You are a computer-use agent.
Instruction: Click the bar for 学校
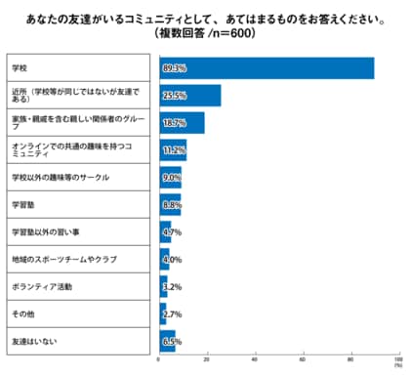pyautogui.click(x=266, y=68)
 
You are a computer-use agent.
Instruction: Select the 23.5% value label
pyautogui.click(x=174, y=96)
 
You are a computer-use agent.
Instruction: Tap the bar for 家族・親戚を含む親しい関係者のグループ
pyautogui.click(x=182, y=123)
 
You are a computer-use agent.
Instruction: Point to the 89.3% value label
pyautogui.click(x=174, y=68)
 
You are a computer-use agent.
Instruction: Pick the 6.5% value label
pyautogui.click(x=172, y=342)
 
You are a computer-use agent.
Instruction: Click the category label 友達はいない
pyautogui.click(x=35, y=342)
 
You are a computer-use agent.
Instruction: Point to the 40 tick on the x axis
pyautogui.click(x=254, y=359)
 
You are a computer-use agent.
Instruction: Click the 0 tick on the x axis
pyautogui.click(x=159, y=359)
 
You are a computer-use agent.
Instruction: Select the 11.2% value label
pyautogui.click(x=174, y=150)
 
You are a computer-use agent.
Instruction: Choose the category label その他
pyautogui.click(x=23, y=314)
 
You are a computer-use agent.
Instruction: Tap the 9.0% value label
pyautogui.click(x=172, y=178)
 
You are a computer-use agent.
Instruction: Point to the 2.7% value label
pyautogui.click(x=170, y=314)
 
